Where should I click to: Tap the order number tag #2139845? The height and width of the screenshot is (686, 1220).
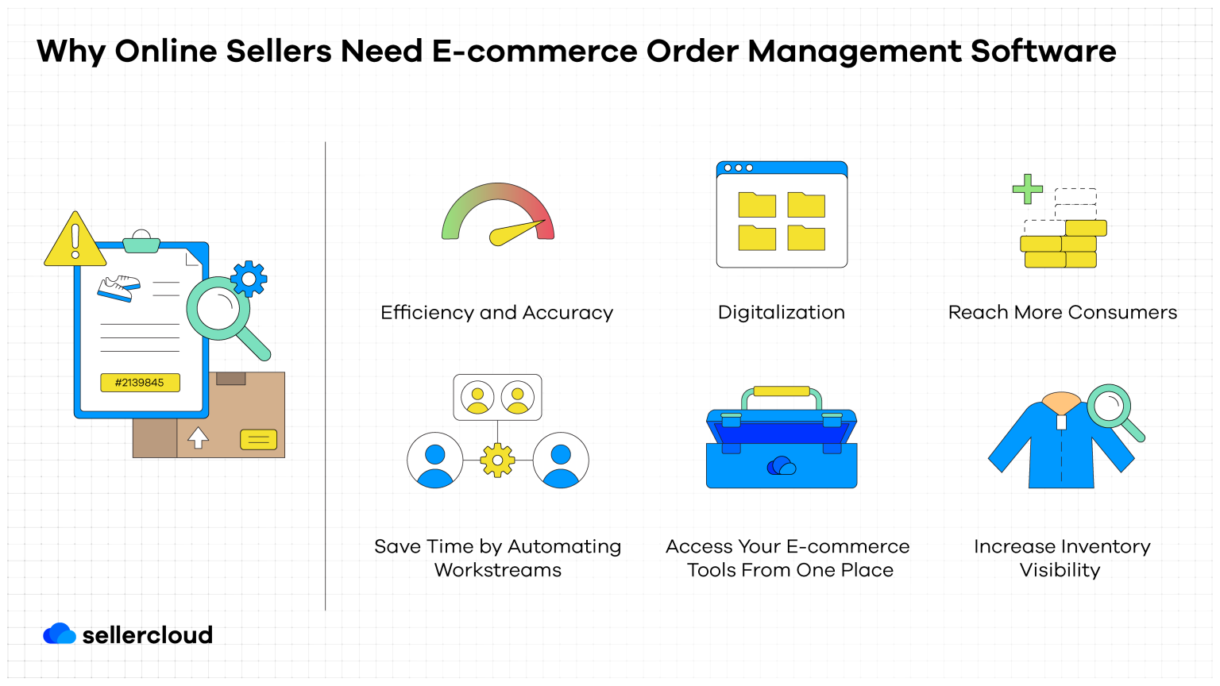[x=140, y=383]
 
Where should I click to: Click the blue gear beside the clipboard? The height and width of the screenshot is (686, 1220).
[x=249, y=279]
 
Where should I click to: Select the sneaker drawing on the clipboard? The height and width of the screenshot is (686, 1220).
[x=118, y=288]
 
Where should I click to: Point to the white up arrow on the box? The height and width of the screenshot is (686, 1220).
[x=198, y=437]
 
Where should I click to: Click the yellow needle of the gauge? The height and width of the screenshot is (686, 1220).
[x=515, y=233]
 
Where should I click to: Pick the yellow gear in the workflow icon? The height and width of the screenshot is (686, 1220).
[x=497, y=461]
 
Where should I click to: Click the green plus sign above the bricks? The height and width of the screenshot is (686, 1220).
[x=1027, y=189]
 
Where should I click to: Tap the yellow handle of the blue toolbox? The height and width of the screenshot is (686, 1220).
[x=782, y=391]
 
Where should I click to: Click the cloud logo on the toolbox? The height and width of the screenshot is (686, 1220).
[x=782, y=466]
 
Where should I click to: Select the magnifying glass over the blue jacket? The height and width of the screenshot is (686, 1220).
[x=1110, y=407]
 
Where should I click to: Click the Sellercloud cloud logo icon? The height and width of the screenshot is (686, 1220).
[x=60, y=634]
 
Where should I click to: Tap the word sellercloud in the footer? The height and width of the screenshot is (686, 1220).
[x=148, y=635]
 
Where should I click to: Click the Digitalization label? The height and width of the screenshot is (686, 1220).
[x=781, y=313]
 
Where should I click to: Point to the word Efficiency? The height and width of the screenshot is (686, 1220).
[x=427, y=313]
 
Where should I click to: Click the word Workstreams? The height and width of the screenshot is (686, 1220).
[x=498, y=571]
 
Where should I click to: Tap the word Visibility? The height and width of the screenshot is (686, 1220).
[x=1060, y=571]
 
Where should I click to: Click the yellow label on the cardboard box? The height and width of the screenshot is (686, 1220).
[x=258, y=439]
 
